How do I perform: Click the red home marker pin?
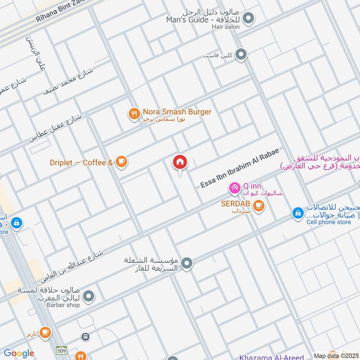(x=180, y=162)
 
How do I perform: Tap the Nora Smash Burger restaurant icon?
(x=134, y=114)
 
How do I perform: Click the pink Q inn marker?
(x=234, y=187)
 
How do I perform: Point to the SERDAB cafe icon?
(x=258, y=206)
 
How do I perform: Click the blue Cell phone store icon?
(x=297, y=213)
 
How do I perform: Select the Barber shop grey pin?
(x=89, y=296)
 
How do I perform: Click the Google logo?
(x=19, y=353)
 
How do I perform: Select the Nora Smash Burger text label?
(x=177, y=112)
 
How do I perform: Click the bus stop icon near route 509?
(x=85, y=337)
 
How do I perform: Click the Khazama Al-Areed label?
(x=271, y=357)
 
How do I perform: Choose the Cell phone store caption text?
(x=328, y=222)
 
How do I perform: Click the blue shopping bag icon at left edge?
(x=16, y=222)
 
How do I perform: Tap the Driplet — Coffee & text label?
(x=81, y=162)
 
